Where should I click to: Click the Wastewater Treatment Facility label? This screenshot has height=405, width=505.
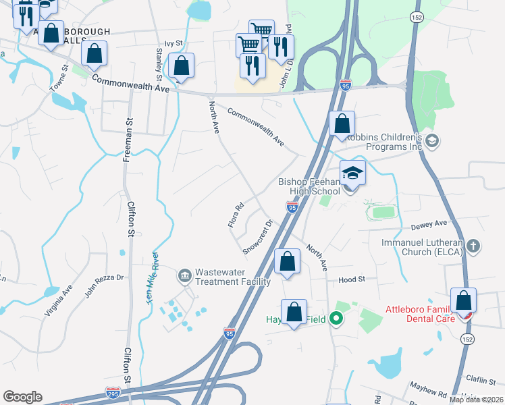pos(233,277)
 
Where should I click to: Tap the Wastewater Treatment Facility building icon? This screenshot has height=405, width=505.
pos(184,275)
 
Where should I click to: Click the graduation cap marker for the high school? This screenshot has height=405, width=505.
pos(352,173)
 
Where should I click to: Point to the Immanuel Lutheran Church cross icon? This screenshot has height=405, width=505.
pos(473,246)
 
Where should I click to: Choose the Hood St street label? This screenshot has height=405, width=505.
pos(352,279)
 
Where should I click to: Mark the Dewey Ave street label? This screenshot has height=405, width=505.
pos(432,223)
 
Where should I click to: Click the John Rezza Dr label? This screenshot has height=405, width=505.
pos(105,283)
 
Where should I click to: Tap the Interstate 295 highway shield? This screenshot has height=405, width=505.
pos(113,391)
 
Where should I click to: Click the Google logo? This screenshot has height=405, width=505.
pos(22,396)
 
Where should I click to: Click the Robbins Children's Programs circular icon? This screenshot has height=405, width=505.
pos(433,141)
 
